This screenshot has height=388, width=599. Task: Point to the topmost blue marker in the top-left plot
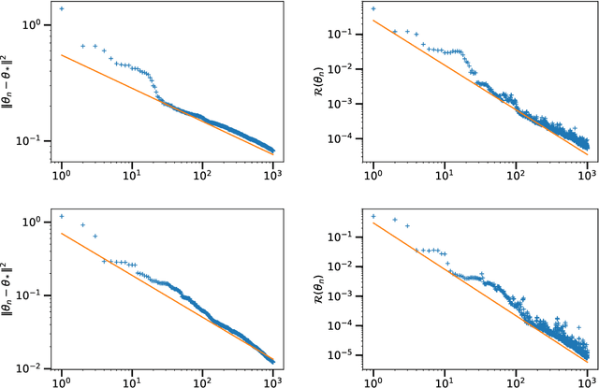point(62,8)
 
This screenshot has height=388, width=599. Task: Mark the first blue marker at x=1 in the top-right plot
point(373,8)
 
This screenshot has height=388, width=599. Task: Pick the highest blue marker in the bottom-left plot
point(62,216)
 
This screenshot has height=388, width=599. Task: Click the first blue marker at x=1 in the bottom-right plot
point(373,216)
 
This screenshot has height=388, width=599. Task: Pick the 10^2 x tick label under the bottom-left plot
point(203,381)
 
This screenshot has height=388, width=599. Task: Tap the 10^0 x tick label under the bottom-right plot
point(373,381)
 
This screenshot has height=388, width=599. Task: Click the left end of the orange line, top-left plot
point(62,55)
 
